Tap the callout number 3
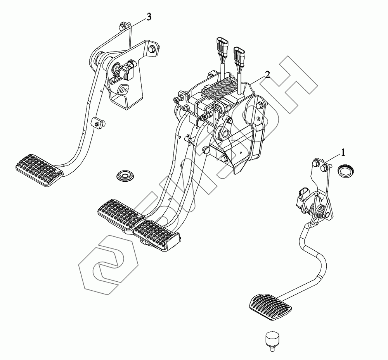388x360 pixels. point(149,17)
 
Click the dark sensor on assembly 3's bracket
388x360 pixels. point(129,70)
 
